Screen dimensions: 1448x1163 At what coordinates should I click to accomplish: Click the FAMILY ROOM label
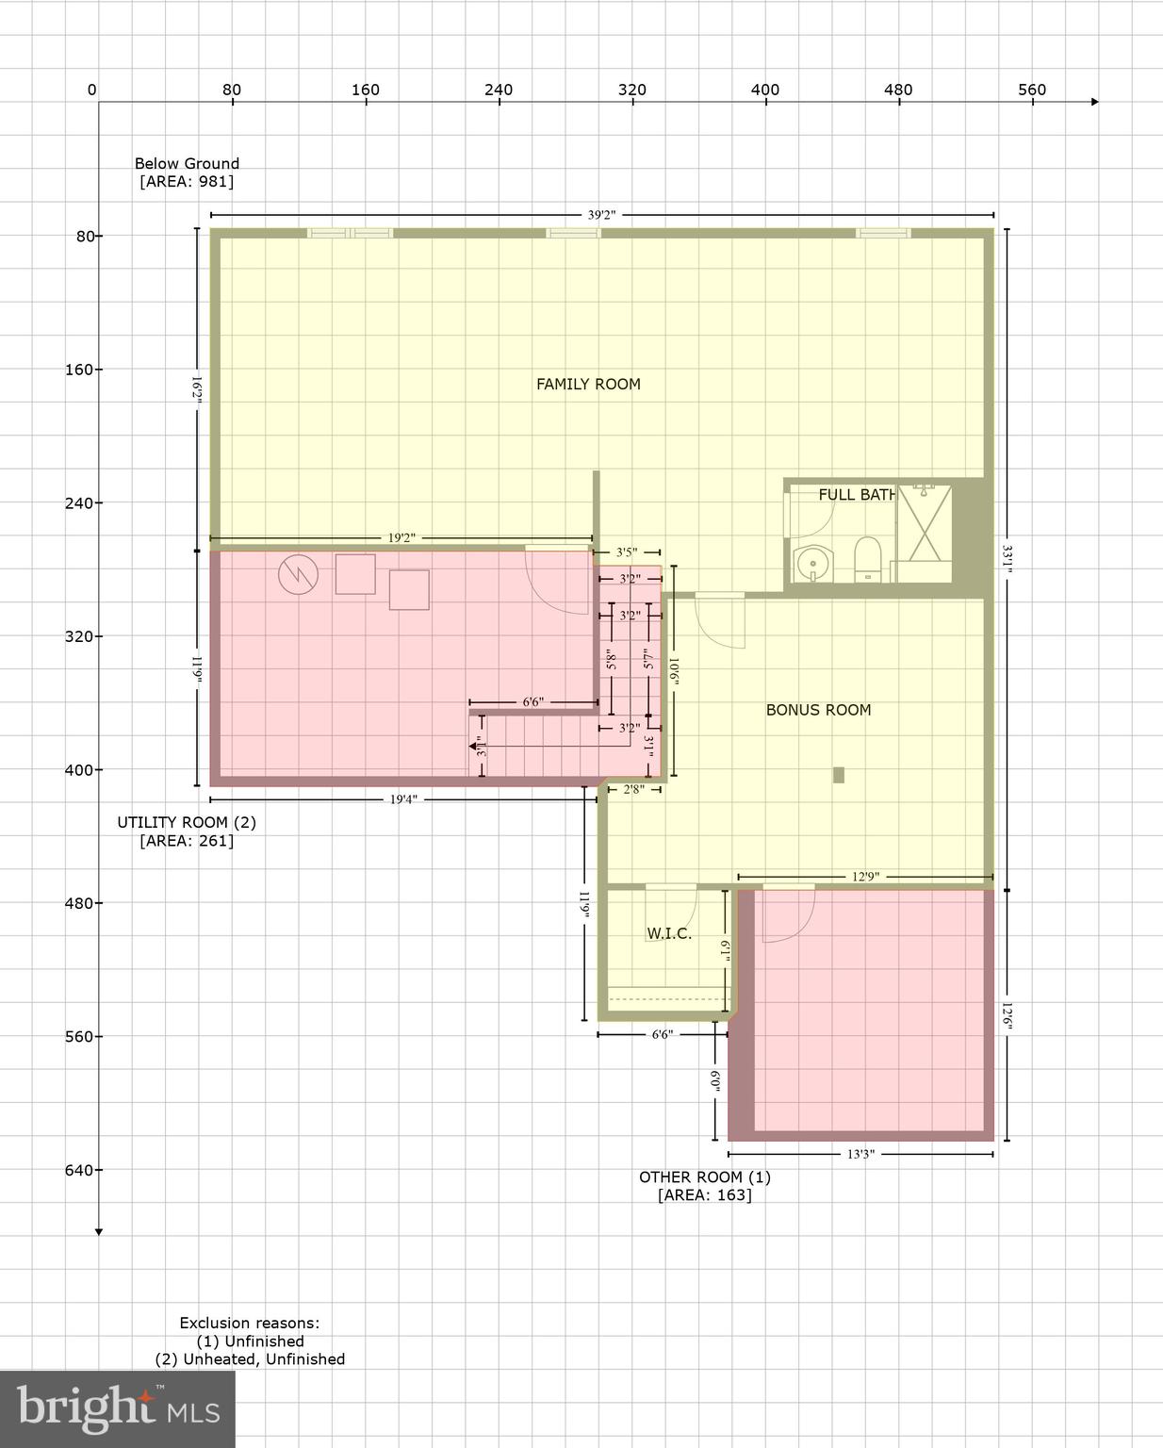click(588, 384)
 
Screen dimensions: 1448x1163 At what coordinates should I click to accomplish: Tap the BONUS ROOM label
click(818, 710)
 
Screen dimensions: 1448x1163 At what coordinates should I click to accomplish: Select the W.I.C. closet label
click(669, 933)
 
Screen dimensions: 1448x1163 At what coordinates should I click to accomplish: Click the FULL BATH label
click(856, 494)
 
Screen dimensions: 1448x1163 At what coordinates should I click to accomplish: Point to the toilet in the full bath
click(866, 559)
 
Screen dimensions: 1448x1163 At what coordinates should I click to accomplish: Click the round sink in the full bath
click(810, 565)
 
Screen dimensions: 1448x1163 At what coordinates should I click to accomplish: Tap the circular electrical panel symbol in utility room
click(298, 575)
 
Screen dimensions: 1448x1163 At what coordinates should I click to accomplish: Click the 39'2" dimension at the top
click(601, 215)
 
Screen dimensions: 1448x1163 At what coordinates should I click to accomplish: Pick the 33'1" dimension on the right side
click(1007, 556)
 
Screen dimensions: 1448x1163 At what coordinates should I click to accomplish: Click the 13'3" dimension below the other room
click(860, 1154)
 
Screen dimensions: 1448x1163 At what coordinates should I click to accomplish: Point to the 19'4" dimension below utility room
click(402, 799)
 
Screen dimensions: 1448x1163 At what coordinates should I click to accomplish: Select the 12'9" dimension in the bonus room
click(865, 877)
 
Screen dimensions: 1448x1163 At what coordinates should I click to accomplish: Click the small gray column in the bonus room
click(838, 775)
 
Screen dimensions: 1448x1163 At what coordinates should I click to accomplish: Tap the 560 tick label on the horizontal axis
click(1032, 90)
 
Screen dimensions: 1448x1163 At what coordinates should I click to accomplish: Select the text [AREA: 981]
click(187, 181)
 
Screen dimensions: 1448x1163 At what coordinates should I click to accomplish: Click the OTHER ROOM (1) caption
click(705, 1176)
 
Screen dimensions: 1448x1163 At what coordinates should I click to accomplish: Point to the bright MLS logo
click(118, 1408)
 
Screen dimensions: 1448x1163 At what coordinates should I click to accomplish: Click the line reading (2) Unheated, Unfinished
click(250, 1358)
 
